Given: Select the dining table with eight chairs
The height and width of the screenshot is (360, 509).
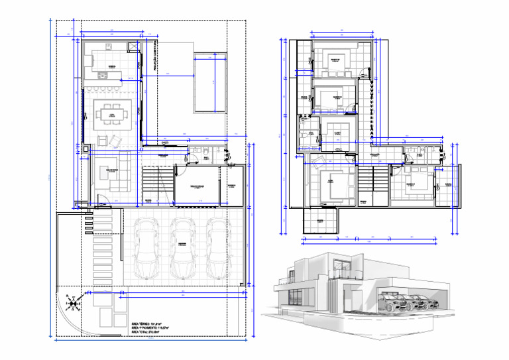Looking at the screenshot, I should pos(113,114).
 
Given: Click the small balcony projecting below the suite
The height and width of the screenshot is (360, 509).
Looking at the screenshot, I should pos(319,217).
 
